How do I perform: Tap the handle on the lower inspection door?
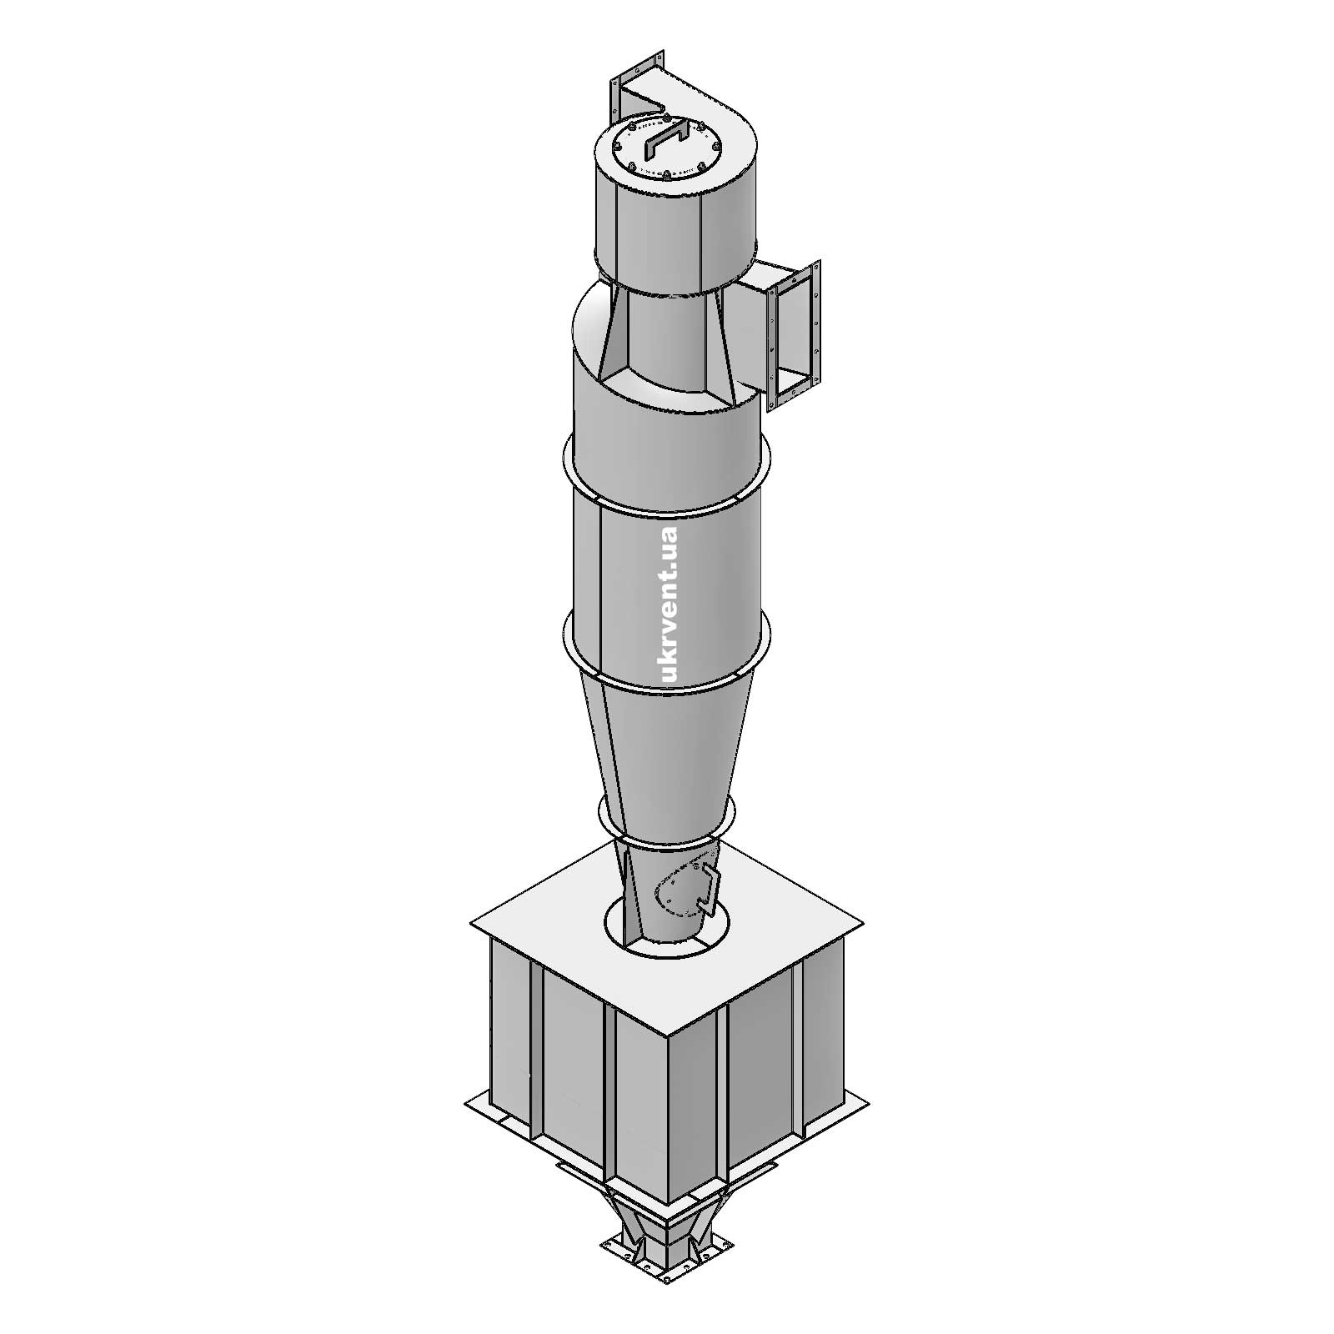point(710,887)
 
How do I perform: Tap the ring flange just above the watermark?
point(667,501)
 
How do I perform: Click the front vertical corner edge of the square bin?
point(667,1126)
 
